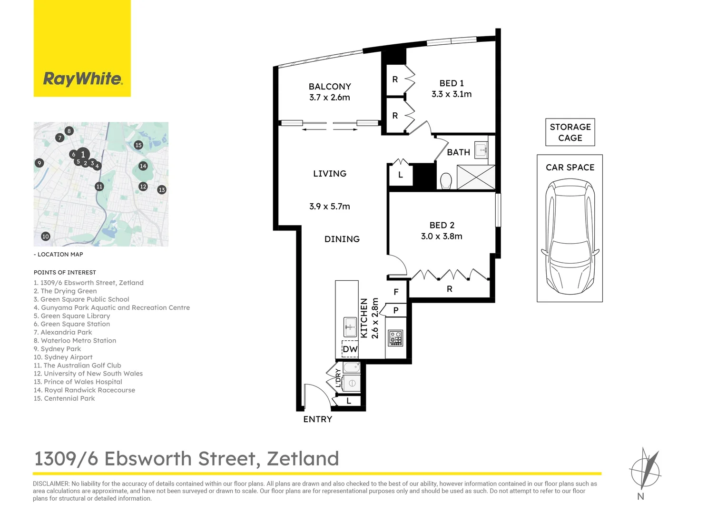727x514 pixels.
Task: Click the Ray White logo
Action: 82,79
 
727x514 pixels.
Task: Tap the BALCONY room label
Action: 330,87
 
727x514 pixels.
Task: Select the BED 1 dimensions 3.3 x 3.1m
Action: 452,94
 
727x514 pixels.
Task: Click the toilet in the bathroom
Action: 446,181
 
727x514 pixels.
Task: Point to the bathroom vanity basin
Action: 481,150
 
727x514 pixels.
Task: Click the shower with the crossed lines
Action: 476,177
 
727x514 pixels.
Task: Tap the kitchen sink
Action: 350,326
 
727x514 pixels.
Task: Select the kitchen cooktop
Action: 395,338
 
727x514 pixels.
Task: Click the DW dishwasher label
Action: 350,349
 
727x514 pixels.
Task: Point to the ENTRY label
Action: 318,419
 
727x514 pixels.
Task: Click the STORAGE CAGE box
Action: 570,132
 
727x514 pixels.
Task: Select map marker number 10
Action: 46,237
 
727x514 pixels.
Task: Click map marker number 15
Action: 138,145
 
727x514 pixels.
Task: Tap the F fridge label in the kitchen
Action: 396,292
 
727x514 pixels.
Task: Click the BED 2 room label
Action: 442,225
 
